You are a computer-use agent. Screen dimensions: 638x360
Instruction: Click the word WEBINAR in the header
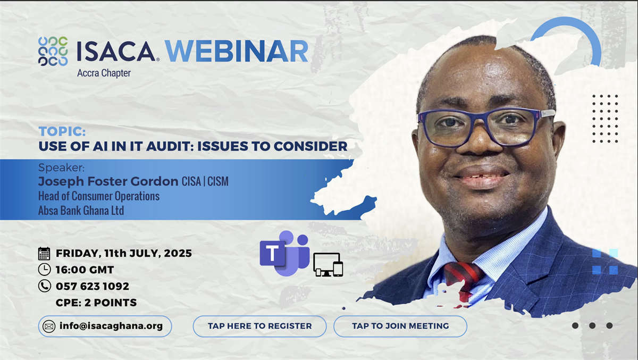tap(237, 51)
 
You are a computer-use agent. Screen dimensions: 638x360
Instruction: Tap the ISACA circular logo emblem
tap(53, 51)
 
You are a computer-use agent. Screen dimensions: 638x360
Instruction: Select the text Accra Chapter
tap(104, 73)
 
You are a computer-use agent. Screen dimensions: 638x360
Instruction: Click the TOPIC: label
tap(62, 131)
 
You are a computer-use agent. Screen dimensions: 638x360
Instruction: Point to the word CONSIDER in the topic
tap(310, 146)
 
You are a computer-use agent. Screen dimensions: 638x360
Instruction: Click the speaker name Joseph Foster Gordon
tap(108, 181)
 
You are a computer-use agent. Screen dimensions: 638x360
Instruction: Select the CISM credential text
tap(218, 181)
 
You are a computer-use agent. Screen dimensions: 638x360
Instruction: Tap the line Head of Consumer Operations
tap(99, 196)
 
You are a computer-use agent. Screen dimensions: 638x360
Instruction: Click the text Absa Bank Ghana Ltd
tap(81, 211)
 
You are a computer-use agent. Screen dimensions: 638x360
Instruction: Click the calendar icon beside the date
tap(44, 254)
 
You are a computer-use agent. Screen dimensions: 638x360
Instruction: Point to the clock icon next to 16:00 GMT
tap(45, 270)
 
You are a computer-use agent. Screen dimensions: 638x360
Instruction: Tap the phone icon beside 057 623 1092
tap(45, 286)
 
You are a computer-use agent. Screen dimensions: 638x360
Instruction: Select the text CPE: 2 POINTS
tap(96, 303)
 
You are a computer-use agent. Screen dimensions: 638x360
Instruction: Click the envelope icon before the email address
tap(49, 326)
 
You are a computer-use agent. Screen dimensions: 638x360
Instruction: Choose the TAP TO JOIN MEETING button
tap(400, 326)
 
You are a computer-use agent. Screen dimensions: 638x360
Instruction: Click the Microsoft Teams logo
tap(284, 253)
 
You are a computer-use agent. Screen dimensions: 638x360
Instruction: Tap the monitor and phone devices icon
tap(328, 265)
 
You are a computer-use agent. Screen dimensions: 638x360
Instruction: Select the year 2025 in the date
tap(178, 253)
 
